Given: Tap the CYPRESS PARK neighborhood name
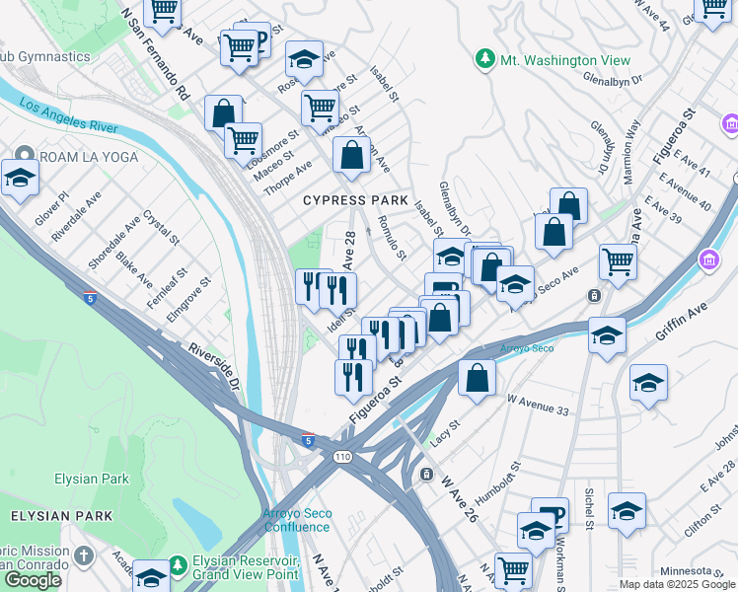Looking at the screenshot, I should pyautogui.click(x=355, y=200).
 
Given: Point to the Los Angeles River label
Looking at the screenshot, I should pyautogui.click(x=67, y=116).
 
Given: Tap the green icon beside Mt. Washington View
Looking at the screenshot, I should pyautogui.click(x=484, y=60).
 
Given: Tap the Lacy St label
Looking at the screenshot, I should pyautogui.click(x=446, y=430).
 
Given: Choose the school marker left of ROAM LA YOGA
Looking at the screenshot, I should pyautogui.click(x=20, y=179).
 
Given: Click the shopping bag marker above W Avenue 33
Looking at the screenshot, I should pyautogui.click(x=477, y=378).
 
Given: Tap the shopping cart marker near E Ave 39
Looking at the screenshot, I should pyautogui.click(x=618, y=262).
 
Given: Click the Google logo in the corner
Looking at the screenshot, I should pyautogui.click(x=33, y=580).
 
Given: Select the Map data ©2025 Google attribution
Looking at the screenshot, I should pyautogui.click(x=678, y=584).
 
